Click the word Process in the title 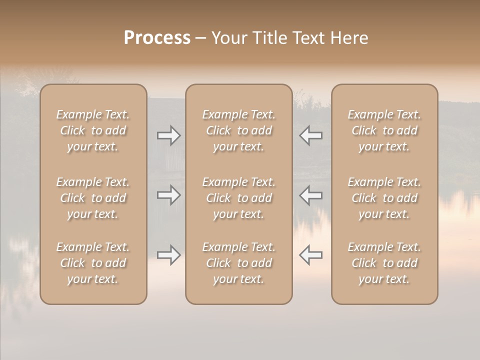click(x=157, y=38)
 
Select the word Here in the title click(x=348, y=38)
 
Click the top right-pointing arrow click(x=168, y=135)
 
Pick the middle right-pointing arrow click(x=168, y=194)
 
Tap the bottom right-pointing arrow click(x=168, y=255)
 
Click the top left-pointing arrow click(x=310, y=135)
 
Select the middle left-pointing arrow click(x=310, y=194)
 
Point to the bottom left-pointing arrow click(x=310, y=255)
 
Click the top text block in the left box click(x=93, y=130)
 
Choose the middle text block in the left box click(x=93, y=198)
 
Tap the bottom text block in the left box click(x=93, y=263)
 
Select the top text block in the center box click(x=239, y=130)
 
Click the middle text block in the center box click(x=239, y=198)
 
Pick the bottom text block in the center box click(x=239, y=263)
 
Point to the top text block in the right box click(x=384, y=130)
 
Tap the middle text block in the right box click(x=384, y=198)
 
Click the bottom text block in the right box click(x=384, y=263)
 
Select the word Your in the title click(x=229, y=38)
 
